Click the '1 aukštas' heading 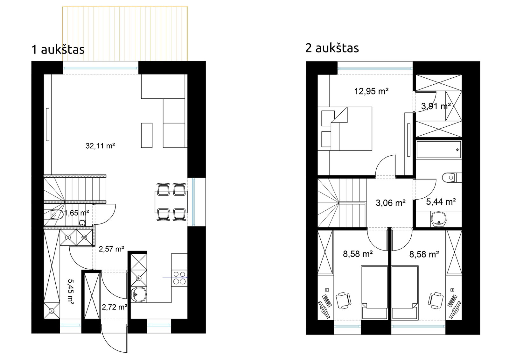point(58,49)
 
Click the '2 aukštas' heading point(332,48)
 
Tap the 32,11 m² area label point(100,146)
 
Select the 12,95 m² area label point(371,91)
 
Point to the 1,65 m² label point(76,213)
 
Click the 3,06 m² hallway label point(391,203)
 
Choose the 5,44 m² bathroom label point(441,201)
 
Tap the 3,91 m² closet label point(436,106)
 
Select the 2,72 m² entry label point(114,307)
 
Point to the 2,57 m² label point(111,249)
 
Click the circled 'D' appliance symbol point(68,238)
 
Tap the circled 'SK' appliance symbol point(84,238)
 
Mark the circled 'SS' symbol point(52,311)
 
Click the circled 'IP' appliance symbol point(139,278)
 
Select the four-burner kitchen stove point(179,278)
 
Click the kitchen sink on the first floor point(139,295)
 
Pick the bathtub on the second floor point(439,149)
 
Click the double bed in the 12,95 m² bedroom point(347,129)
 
